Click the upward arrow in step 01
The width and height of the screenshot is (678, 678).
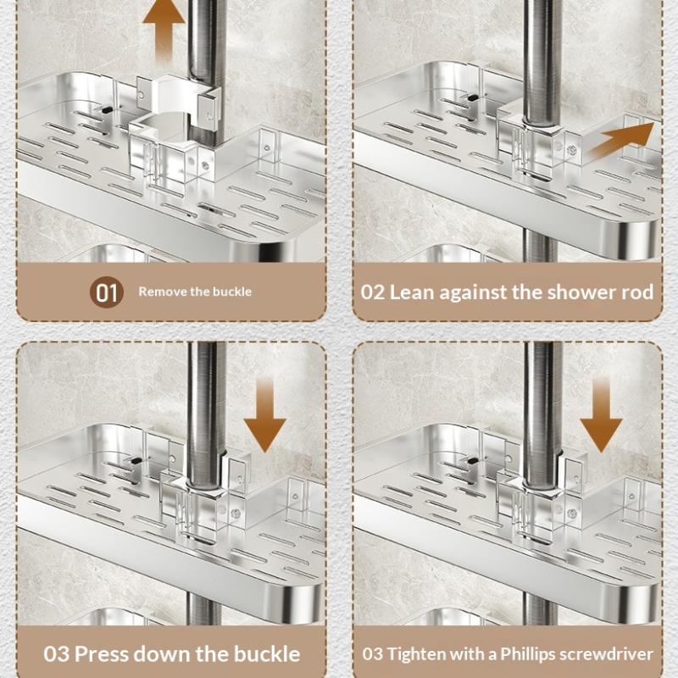(x=164, y=30)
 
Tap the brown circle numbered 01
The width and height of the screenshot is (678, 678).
(x=107, y=292)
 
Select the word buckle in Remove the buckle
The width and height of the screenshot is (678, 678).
(x=233, y=292)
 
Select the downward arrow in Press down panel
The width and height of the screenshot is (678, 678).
(x=264, y=415)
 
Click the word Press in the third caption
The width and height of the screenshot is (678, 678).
(x=103, y=654)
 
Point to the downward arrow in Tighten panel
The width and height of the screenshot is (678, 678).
(x=601, y=415)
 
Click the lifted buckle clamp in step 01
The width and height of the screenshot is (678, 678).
(x=174, y=106)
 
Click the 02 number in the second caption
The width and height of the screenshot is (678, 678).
(x=373, y=292)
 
